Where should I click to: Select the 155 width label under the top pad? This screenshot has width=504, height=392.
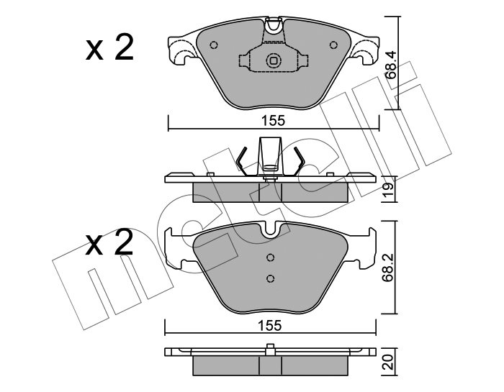(x=273, y=121)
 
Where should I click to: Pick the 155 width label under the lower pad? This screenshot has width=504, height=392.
(x=270, y=325)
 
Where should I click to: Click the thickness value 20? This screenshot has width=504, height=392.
(x=388, y=363)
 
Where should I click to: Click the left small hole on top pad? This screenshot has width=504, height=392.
(x=213, y=45)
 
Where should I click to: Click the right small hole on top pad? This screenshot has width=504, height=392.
(x=334, y=45)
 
